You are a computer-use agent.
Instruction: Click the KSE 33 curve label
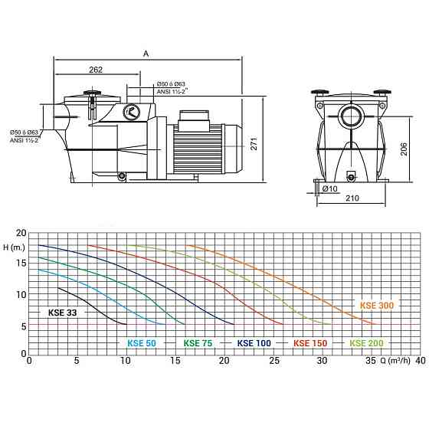[62, 313]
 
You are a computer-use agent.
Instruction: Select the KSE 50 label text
[142, 343]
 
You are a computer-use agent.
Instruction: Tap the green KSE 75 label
[198, 343]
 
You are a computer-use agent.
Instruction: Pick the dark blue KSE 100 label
[254, 343]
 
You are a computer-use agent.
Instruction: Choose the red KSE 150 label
[310, 343]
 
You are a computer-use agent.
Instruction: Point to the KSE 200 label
[366, 343]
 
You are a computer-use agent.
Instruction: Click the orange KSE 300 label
[377, 306]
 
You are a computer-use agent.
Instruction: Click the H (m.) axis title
[14, 247]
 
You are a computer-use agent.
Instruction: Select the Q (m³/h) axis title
[395, 361]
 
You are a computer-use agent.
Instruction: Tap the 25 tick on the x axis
[274, 361]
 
